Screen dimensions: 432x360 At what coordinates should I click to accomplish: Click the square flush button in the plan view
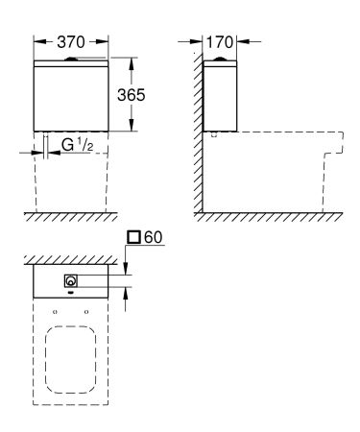tap(71, 282)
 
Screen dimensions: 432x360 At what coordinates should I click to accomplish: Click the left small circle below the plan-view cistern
tap(55, 312)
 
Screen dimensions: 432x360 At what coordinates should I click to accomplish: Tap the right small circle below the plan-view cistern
tap(87, 312)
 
